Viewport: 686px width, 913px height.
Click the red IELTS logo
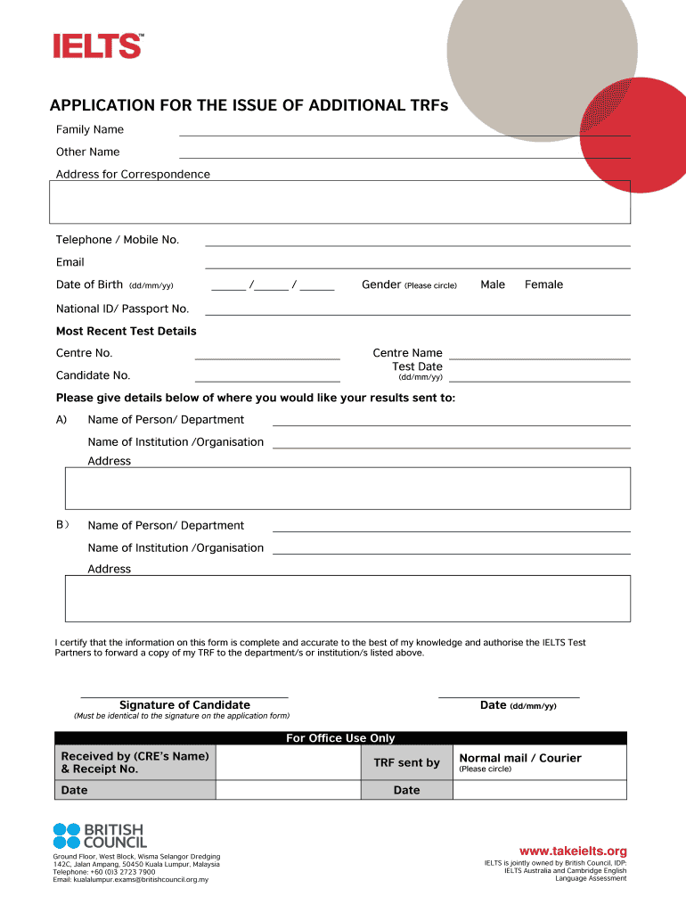point(97,45)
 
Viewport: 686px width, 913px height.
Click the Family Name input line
point(404,133)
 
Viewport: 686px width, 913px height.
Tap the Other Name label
point(87,152)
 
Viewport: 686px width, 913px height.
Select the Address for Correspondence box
point(339,202)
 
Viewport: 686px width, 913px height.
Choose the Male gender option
point(492,285)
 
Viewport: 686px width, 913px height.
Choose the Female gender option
point(543,285)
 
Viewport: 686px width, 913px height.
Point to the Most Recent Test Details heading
point(126,332)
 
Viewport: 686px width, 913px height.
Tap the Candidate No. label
point(93,375)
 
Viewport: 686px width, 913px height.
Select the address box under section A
point(347,488)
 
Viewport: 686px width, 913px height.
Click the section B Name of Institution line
point(451,551)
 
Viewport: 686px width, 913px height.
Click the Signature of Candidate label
point(184,705)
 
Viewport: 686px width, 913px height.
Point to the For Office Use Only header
point(339,738)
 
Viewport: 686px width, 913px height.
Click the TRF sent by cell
point(406,762)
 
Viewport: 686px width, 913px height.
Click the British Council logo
point(100,835)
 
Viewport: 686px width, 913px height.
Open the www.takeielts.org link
point(573,851)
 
